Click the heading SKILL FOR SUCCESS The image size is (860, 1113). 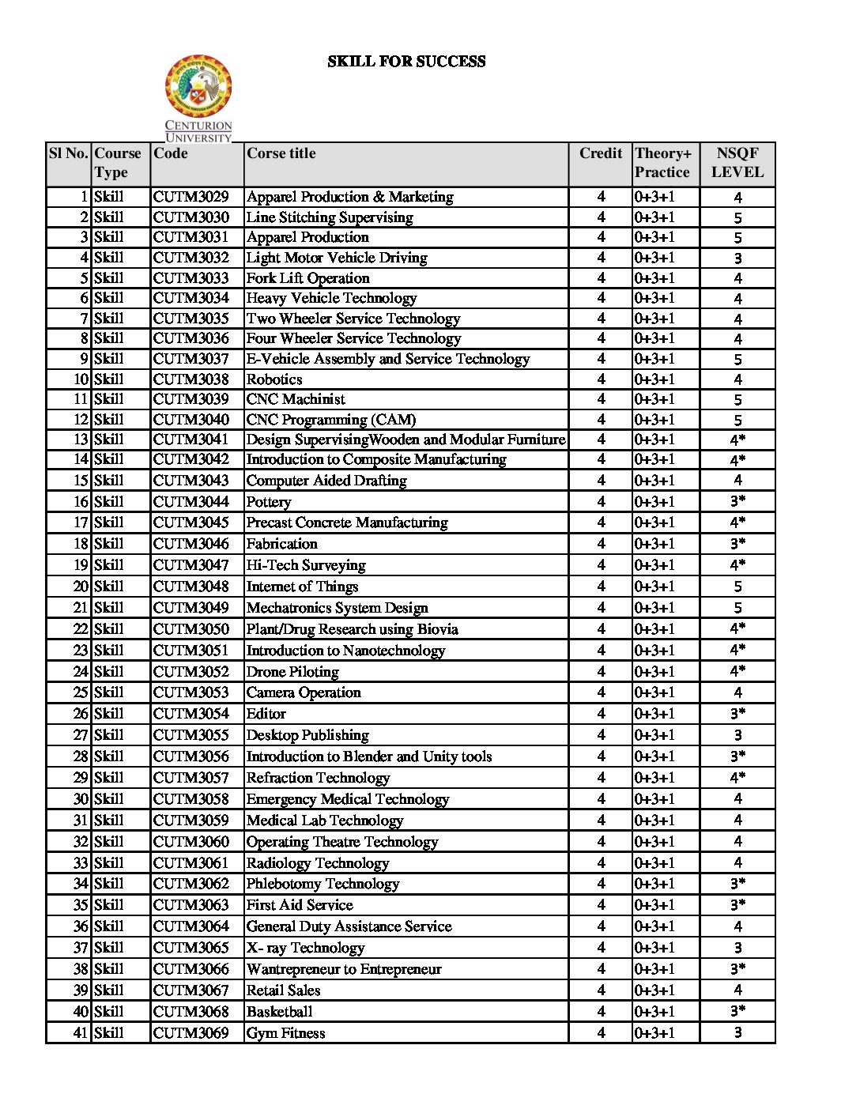406,62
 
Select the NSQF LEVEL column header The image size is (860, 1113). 737,163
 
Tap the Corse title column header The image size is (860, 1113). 281,153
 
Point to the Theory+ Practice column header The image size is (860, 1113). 662,163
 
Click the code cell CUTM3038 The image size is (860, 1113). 191,379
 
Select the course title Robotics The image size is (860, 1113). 274,379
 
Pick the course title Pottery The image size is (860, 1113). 269,502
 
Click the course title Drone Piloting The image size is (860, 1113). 292,672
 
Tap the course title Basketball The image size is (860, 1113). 280,1012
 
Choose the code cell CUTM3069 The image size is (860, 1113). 191,1033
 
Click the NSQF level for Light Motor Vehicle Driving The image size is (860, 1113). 737,258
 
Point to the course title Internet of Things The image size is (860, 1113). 303,587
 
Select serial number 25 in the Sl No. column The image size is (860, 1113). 81,692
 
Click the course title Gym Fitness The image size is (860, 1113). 286,1033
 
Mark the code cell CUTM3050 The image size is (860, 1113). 191,629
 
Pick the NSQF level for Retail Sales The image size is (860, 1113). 737,990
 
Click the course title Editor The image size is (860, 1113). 266,714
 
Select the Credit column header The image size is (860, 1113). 601,153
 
